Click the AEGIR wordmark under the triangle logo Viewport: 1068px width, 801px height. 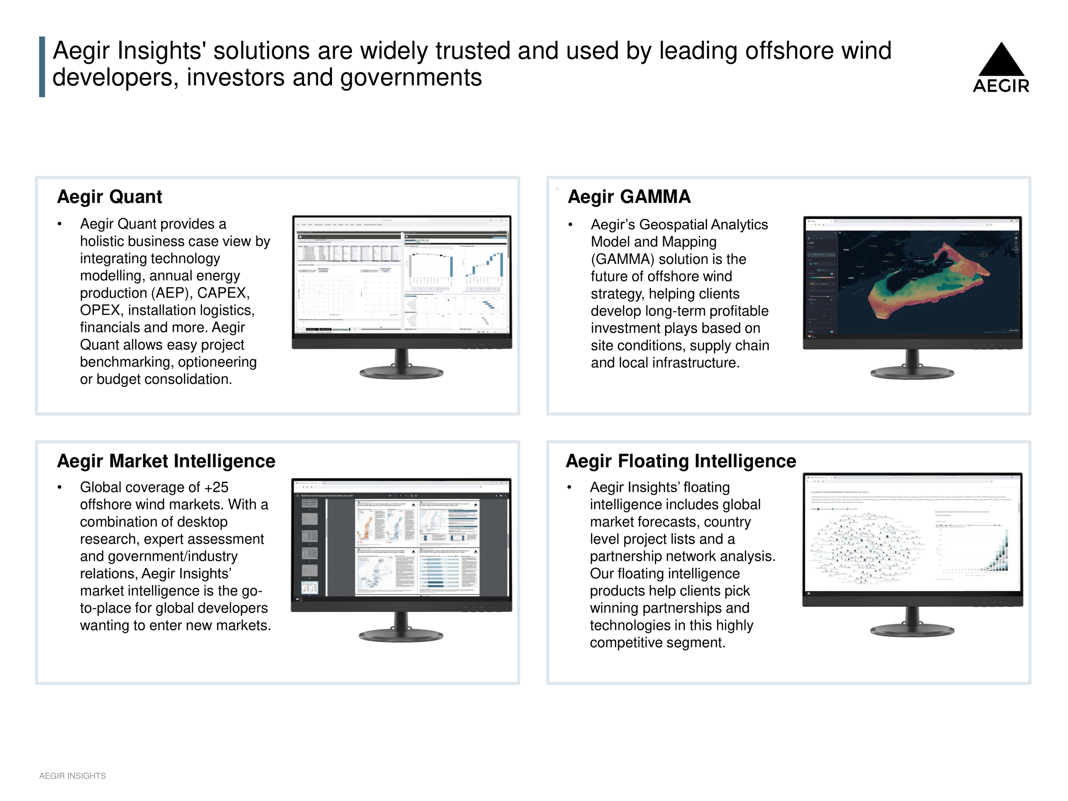pyautogui.click(x=1001, y=86)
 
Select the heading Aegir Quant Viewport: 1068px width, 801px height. pyautogui.click(x=110, y=197)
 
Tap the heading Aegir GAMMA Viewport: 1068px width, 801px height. pyautogui.click(x=629, y=197)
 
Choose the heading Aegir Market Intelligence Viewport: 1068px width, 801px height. pyautogui.click(x=166, y=461)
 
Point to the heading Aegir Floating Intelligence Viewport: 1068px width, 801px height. pyautogui.click(x=681, y=461)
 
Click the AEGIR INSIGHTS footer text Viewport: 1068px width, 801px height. pyautogui.click(x=73, y=776)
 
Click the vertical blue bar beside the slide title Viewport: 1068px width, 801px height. pyautogui.click(x=42, y=67)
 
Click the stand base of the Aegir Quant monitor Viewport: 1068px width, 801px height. pyautogui.click(x=402, y=372)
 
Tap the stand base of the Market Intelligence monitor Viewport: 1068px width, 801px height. pyautogui.click(x=401, y=635)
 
